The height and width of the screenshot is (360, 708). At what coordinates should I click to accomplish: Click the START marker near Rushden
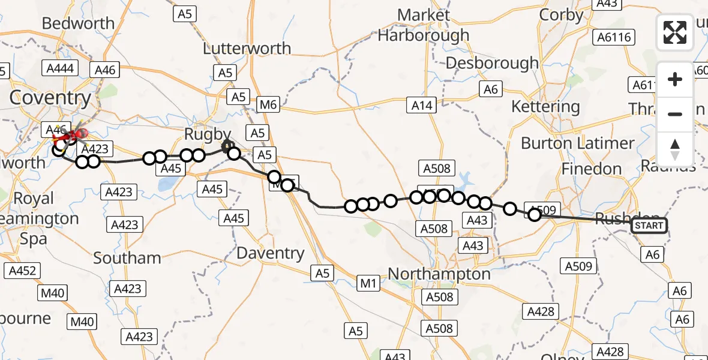[649, 226]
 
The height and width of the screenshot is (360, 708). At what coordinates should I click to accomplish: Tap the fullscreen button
[675, 32]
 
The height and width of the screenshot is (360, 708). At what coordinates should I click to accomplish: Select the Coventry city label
[50, 98]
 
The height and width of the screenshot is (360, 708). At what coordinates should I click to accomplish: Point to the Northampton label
[439, 274]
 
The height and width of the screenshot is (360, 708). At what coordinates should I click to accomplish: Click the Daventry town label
[270, 253]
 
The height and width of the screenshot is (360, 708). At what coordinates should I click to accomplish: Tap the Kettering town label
[545, 107]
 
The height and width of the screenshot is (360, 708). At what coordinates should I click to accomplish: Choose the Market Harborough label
[424, 25]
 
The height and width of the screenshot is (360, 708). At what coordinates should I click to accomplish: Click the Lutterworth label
[247, 49]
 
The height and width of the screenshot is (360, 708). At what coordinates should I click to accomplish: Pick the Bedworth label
[78, 23]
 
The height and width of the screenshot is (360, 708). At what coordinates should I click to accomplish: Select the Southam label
[127, 258]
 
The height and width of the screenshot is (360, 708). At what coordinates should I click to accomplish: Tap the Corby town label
[561, 15]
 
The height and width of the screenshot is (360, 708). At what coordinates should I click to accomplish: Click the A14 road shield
[422, 106]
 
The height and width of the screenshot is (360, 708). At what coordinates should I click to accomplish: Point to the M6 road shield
[268, 106]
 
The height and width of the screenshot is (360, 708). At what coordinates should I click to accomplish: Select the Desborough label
[492, 63]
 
